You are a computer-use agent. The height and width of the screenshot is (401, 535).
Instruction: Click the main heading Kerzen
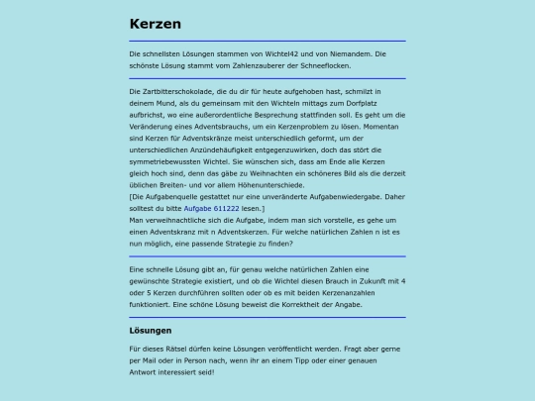pos(155,24)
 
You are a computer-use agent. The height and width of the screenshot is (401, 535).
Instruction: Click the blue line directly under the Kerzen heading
pos(267,42)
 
